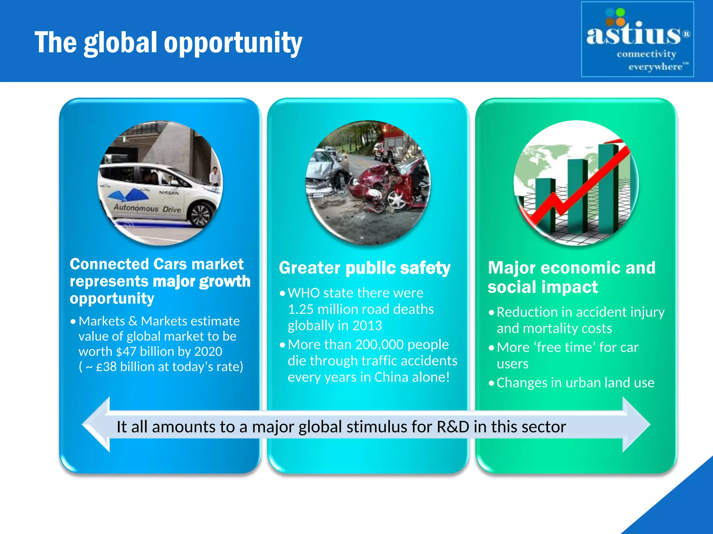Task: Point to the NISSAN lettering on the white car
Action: [x=169, y=193]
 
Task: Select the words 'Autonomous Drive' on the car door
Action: [x=147, y=209]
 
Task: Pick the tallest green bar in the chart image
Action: [x=609, y=188]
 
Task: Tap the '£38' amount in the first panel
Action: [x=106, y=367]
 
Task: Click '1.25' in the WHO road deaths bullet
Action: [x=300, y=309]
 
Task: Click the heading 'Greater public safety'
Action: [x=365, y=268]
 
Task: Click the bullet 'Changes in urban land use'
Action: [x=575, y=383]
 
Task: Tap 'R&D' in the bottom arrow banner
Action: [x=453, y=427]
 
